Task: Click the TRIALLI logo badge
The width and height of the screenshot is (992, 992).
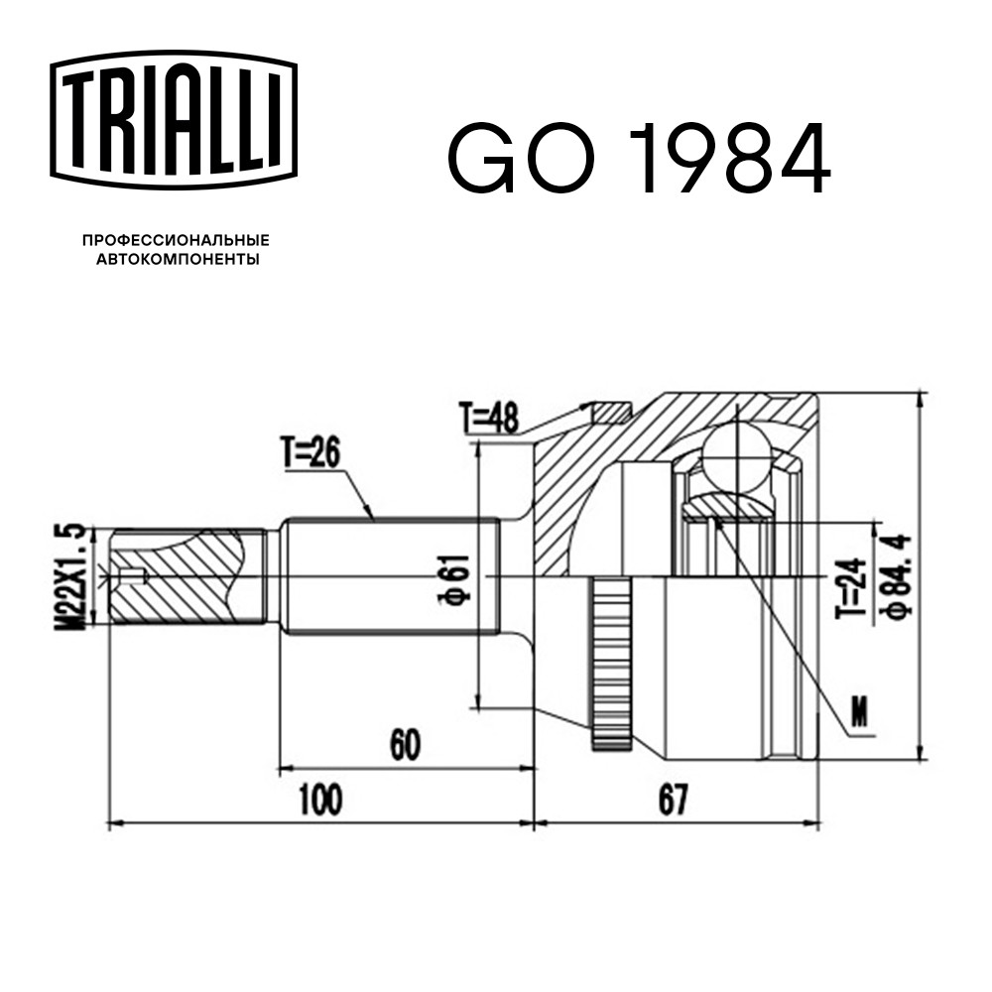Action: pyautogui.click(x=173, y=120)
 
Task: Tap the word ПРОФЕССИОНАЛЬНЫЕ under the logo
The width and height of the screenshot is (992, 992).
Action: pyautogui.click(x=176, y=240)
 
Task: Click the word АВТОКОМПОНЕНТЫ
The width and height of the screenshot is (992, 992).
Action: pyautogui.click(x=178, y=259)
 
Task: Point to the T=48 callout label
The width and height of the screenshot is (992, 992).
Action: pyautogui.click(x=490, y=419)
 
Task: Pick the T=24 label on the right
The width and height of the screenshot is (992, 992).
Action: pyautogui.click(x=851, y=588)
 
